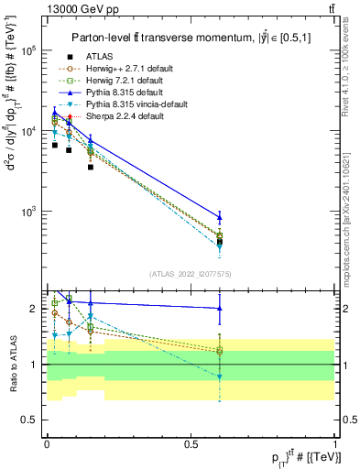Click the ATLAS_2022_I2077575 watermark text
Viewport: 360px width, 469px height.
(x=190, y=273)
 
